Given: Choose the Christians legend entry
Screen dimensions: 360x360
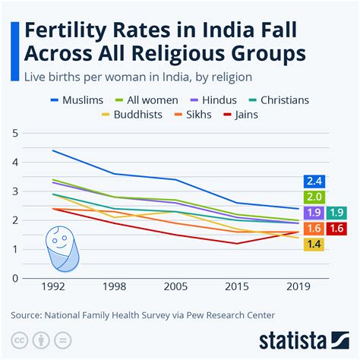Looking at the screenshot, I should (x=292, y=99).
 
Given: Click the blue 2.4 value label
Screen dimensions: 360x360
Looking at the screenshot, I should (x=314, y=181).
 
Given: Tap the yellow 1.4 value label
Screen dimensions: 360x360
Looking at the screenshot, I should (x=314, y=245).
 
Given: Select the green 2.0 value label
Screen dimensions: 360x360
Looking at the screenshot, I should (x=314, y=197).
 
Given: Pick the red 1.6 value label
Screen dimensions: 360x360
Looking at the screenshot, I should (x=338, y=229).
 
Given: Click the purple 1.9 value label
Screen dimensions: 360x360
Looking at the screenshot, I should (x=314, y=213).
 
